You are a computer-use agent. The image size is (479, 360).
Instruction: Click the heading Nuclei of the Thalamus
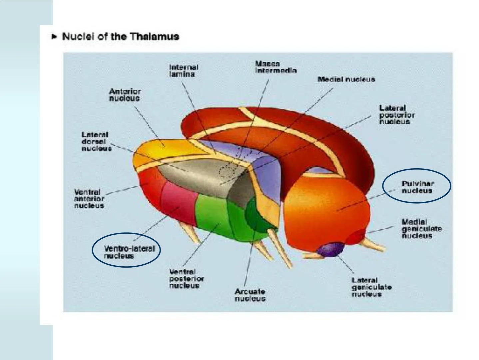121,36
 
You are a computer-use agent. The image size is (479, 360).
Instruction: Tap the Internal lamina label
183,71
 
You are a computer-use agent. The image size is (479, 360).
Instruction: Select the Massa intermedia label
275,67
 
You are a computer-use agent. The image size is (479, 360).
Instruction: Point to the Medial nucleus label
346,79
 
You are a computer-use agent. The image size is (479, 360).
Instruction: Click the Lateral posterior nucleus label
397,115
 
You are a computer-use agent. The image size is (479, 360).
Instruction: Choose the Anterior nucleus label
125,95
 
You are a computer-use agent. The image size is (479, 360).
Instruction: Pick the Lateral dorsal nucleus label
96,141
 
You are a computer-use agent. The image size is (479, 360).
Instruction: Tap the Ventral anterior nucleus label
89,199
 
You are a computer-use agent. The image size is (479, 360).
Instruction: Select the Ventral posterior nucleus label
186,279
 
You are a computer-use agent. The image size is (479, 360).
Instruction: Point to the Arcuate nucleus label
250,295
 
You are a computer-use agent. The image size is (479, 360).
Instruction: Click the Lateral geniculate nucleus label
371,287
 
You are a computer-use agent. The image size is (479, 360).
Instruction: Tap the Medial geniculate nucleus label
421,229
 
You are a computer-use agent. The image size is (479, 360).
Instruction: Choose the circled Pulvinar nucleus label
417,187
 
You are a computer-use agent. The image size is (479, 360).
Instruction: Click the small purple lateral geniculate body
330,250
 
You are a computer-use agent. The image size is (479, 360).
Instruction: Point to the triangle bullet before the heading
54,36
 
